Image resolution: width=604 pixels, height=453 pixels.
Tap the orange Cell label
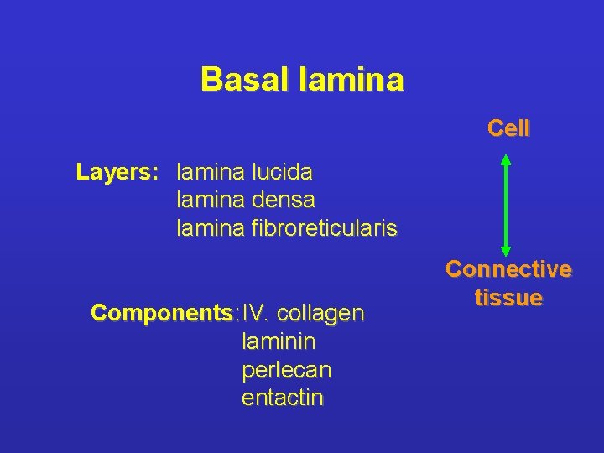coord(508,128)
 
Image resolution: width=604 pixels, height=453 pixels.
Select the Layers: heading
coord(117,173)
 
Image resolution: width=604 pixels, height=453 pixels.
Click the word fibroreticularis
coord(324,227)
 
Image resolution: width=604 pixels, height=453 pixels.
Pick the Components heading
coord(162,314)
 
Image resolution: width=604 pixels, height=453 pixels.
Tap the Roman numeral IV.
coord(254,314)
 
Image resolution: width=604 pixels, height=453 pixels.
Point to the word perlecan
coord(286,370)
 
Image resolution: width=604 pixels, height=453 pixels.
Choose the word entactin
coord(282,397)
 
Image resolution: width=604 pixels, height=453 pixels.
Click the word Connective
coord(508,269)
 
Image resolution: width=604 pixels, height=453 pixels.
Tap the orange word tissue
coord(508,297)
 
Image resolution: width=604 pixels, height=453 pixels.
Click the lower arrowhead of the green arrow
coord(505,247)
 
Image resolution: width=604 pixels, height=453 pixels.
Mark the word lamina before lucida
coord(210,173)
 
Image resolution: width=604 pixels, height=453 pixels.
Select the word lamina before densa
coord(210,200)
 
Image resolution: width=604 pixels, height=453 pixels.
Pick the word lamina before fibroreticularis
coord(210,227)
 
